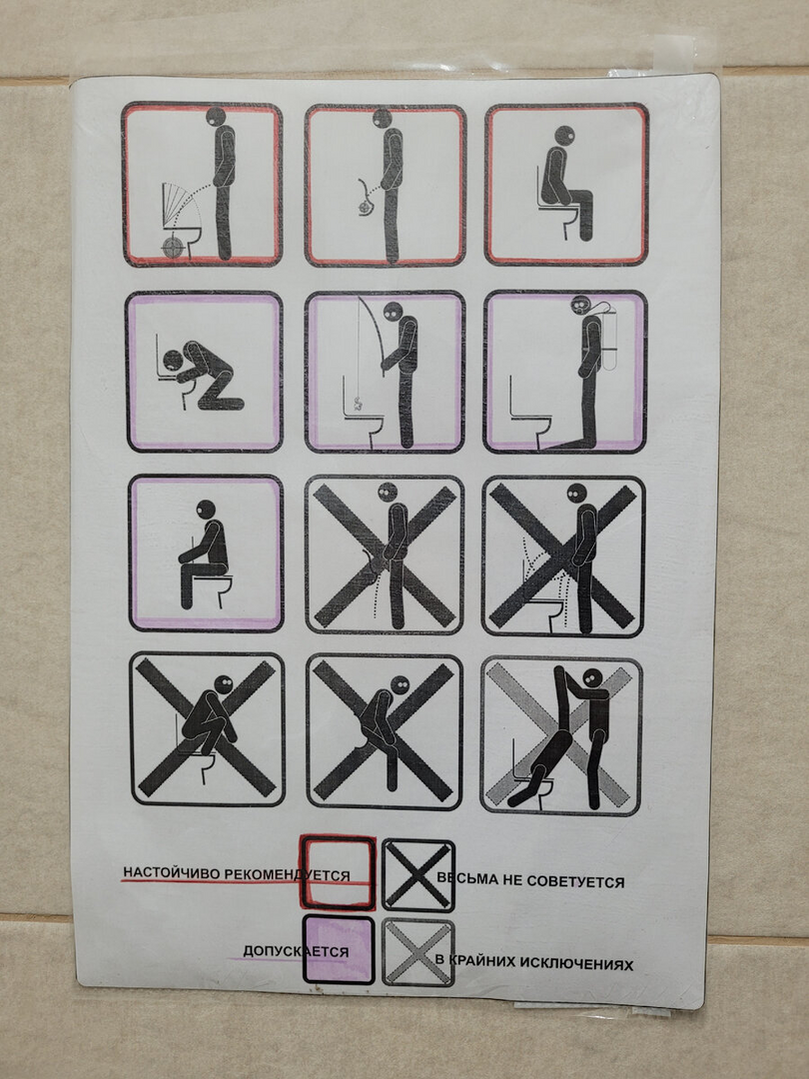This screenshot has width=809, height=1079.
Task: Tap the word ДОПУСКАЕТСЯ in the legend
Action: click(x=296, y=952)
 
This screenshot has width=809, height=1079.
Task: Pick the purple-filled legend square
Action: click(x=339, y=950)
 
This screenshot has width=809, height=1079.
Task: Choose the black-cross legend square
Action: click(x=418, y=875)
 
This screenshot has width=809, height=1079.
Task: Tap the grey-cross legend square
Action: click(x=418, y=953)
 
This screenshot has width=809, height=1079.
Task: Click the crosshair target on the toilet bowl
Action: click(x=174, y=247)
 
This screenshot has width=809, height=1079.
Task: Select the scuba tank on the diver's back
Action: click(x=608, y=339)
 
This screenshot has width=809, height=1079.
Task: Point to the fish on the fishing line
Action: click(x=357, y=405)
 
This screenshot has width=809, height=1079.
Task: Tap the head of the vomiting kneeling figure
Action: click(x=173, y=360)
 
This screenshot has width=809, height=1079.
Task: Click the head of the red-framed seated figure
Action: click(x=564, y=136)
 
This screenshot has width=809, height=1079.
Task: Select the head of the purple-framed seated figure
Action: click(x=206, y=510)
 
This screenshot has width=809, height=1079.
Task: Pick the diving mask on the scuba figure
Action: click(x=579, y=304)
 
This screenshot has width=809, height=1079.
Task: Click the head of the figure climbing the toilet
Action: click(x=593, y=677)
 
